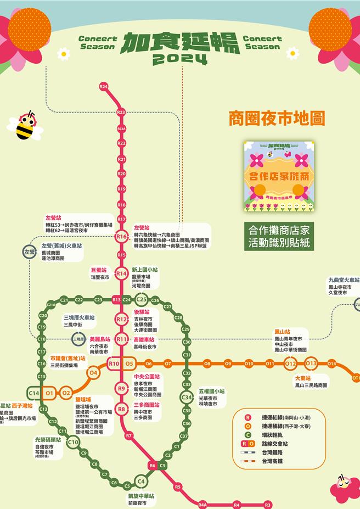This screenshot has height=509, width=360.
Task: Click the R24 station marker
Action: (103, 87)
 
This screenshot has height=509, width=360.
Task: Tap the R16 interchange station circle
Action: (121, 237)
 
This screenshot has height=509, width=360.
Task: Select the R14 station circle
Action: (121, 273)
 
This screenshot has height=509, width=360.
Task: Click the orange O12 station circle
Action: (290, 363)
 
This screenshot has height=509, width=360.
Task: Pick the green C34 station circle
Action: (187, 398)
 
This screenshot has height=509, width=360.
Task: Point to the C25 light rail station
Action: (142, 299)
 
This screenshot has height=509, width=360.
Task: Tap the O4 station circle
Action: (93, 373)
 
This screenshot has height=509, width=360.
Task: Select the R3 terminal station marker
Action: (268, 505)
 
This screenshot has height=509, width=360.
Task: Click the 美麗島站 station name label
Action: (100, 339)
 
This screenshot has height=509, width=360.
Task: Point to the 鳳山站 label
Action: (282, 332)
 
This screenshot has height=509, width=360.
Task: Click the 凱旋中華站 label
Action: (142, 496)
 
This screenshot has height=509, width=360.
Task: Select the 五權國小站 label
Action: (212, 391)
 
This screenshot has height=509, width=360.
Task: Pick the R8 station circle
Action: (121, 409)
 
